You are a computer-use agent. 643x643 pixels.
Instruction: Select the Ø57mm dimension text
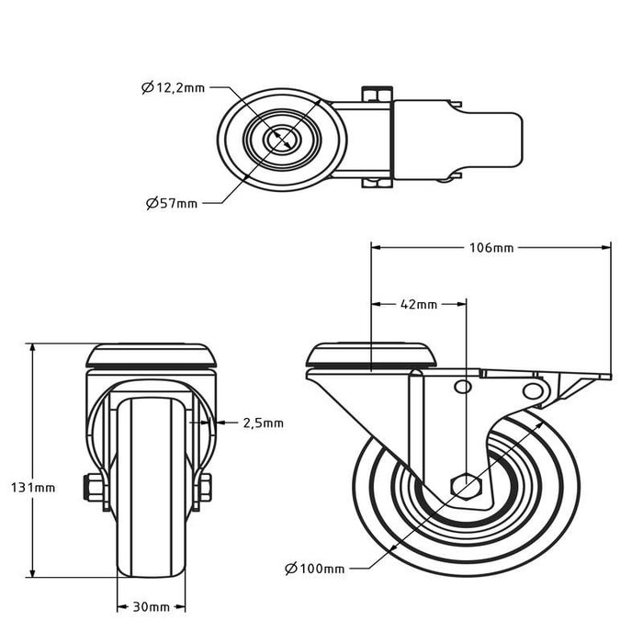click(172, 203)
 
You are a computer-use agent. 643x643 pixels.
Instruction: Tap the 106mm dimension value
click(491, 248)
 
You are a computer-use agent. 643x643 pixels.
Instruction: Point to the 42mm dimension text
click(418, 303)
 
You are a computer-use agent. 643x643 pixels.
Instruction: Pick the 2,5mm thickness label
click(263, 423)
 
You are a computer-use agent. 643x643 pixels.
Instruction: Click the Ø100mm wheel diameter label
click(315, 569)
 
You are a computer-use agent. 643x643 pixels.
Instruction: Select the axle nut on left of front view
click(93, 488)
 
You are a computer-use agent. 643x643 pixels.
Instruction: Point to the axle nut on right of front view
click(207, 488)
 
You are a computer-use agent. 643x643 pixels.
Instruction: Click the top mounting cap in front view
click(152, 355)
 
